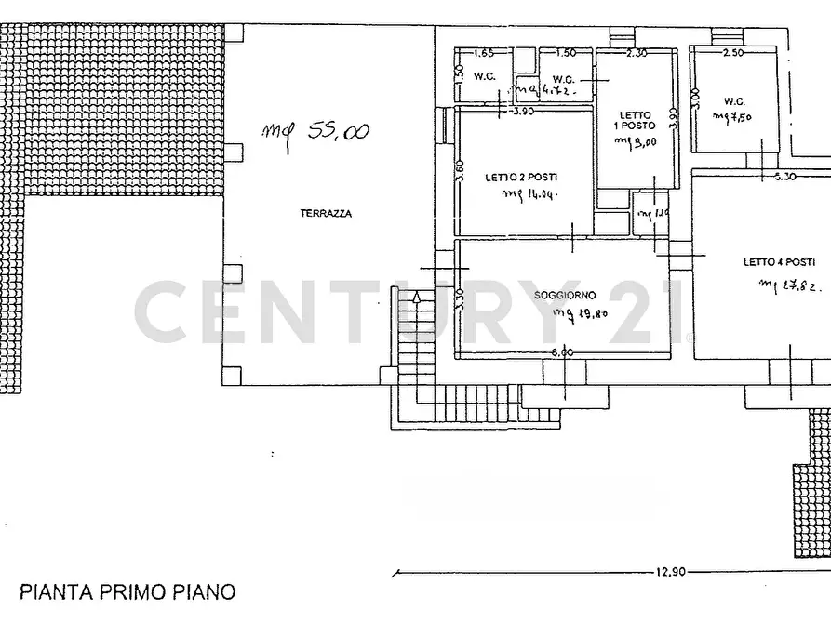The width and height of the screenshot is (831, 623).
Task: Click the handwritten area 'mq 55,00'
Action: [315, 132]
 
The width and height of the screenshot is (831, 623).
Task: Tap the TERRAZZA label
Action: [326, 213]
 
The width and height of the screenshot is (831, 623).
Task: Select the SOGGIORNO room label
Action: [565, 296]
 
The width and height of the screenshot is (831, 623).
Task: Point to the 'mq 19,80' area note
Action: [580, 313]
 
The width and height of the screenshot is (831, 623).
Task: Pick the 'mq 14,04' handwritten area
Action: [528, 194]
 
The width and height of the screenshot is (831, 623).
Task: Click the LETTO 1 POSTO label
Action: [635, 120]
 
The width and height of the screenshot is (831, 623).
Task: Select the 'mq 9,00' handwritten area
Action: [636, 141]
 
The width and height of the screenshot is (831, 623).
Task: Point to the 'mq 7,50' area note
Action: [732, 116]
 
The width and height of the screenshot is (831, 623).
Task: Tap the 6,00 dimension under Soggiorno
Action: [562, 352]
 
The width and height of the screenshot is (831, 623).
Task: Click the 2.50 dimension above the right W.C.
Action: [732, 53]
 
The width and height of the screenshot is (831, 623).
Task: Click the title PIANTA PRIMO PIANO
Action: [127, 590]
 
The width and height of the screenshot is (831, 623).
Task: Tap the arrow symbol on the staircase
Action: [417, 298]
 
